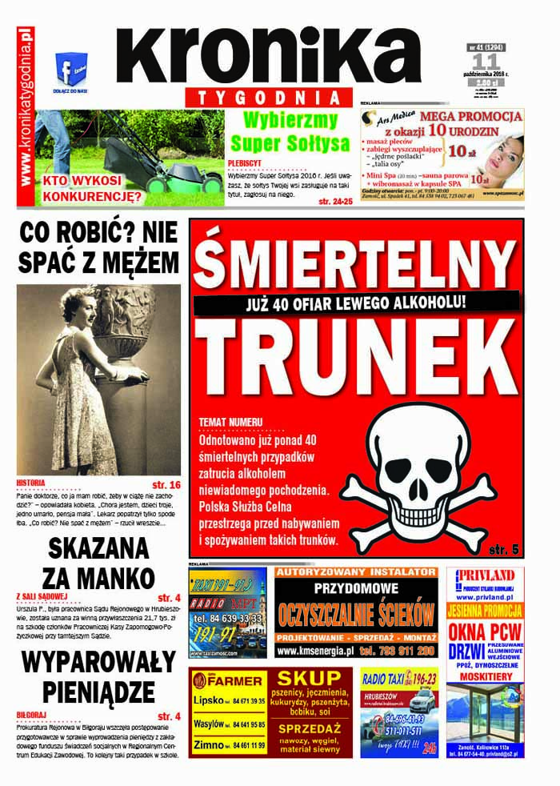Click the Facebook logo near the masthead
[70, 68]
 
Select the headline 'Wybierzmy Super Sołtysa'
[290, 132]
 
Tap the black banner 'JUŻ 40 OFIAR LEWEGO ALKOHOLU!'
[356, 303]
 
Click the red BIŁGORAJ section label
[34, 715]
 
